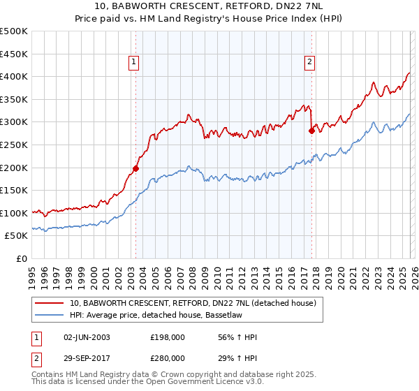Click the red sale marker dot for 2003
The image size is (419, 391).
click(x=135, y=168)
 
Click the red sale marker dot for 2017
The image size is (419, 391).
click(x=312, y=131)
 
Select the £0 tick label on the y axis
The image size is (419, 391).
click(x=22, y=258)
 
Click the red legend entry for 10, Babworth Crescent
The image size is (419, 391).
click(x=193, y=303)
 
